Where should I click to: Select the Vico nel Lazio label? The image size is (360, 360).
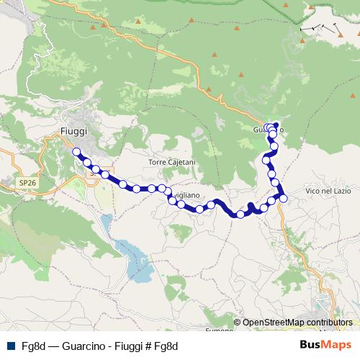[x=328, y=191]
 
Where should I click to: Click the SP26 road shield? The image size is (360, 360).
[x=27, y=184]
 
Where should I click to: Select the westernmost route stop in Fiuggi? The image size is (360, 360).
[x=76, y=152]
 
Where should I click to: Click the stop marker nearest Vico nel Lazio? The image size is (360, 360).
[x=283, y=198]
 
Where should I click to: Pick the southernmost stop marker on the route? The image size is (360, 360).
[x=240, y=214]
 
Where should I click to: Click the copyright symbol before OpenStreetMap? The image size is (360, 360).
[x=238, y=323]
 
